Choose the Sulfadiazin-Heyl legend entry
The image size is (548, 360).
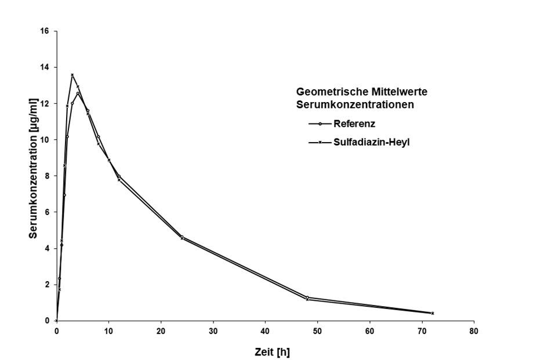372,142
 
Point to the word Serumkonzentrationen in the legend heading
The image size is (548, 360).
354,106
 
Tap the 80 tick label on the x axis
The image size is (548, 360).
474,331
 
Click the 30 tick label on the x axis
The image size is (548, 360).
213,331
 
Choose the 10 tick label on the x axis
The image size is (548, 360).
108,331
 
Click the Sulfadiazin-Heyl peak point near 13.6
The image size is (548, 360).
72,75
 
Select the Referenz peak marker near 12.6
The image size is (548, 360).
78,93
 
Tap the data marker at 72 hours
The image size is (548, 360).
432,313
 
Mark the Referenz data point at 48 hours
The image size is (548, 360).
307,297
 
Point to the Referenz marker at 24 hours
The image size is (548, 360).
182,237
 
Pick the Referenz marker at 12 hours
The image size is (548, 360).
119,176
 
